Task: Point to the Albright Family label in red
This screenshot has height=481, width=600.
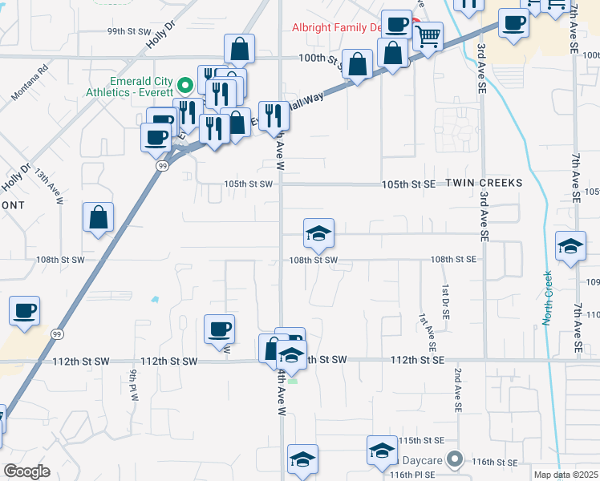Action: [336, 27]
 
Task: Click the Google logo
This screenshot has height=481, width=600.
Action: [26, 471]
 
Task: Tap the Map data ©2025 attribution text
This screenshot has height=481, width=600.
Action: [566, 475]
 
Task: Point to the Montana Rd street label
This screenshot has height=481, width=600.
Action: [31, 83]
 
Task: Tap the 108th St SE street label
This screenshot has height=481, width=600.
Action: [453, 260]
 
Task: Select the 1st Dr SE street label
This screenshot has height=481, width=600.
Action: [443, 297]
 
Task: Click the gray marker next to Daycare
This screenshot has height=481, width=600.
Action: [456, 460]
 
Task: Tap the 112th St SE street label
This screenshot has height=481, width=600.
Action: [417, 361]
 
